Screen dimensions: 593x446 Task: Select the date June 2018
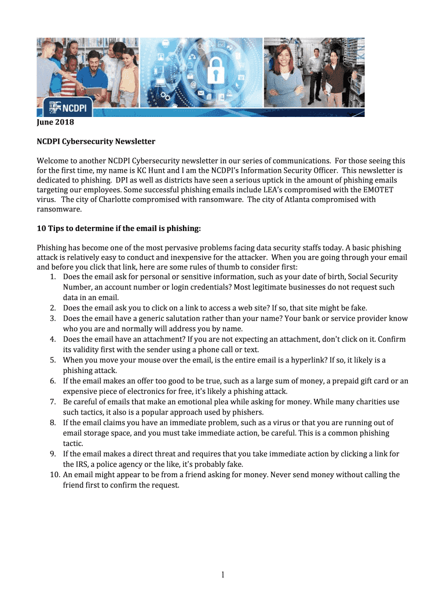(56, 123)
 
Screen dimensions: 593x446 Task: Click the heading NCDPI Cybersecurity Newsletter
(96, 141)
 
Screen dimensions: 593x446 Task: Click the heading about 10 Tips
(118, 229)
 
